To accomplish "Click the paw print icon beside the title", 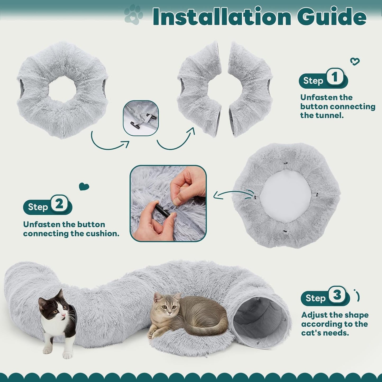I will [134, 15].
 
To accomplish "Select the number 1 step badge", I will [335, 77].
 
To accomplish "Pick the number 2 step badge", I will [59, 204].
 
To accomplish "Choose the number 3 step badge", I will [337, 295].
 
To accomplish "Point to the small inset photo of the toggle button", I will [141, 118].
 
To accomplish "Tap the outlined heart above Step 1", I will [355, 62].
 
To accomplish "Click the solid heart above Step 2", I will [84, 186].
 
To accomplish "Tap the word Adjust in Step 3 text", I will [314, 315].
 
